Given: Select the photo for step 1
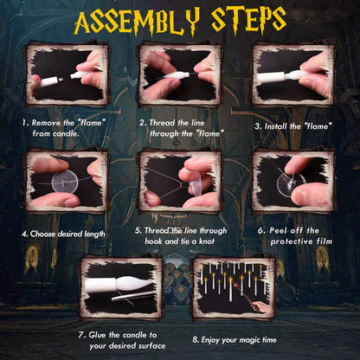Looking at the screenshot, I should coord(64,75).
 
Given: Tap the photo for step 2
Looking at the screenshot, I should coord(178,75).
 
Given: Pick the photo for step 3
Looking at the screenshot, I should coord(292,75).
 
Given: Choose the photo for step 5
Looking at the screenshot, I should coord(180,182).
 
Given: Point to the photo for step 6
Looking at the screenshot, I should coord(293,182).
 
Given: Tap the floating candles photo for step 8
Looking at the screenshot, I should coord(235,286).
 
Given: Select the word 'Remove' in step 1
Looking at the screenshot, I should coord(53,123).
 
